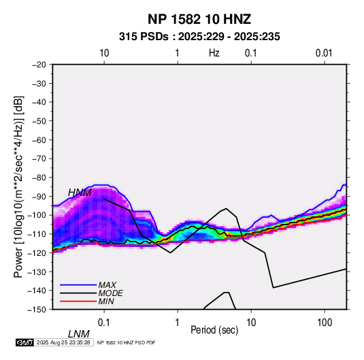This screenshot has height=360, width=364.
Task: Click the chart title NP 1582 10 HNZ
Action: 199,19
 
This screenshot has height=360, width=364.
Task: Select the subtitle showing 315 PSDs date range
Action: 199,37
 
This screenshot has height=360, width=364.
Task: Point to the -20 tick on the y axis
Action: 39,65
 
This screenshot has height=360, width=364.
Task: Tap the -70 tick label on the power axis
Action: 39,159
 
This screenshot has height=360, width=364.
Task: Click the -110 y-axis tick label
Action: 37,234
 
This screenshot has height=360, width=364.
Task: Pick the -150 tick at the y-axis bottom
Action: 37,310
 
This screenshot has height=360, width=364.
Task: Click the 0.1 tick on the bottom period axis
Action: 104,323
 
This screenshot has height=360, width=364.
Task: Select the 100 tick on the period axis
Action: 325,323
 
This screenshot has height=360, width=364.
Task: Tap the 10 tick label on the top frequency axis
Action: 104,53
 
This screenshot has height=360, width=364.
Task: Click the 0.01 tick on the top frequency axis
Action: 324,53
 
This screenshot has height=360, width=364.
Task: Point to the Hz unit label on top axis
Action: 214,53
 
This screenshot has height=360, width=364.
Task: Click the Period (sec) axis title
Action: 214,330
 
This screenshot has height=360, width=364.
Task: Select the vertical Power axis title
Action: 18,186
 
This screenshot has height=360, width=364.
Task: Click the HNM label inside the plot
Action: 80,193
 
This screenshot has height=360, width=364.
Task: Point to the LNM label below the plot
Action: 79,334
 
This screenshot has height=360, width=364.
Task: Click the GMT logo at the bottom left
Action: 25,342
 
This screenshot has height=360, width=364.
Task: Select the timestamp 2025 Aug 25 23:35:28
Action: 63,342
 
